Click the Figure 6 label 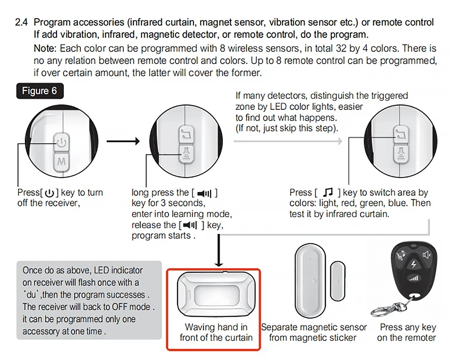pyautogui.click(x=39, y=91)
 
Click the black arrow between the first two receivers pyautogui.click(x=123, y=141)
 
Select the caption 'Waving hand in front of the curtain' pyautogui.click(x=216, y=332)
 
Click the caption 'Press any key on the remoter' pyautogui.click(x=407, y=332)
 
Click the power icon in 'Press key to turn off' pyautogui.click(x=50, y=193)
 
